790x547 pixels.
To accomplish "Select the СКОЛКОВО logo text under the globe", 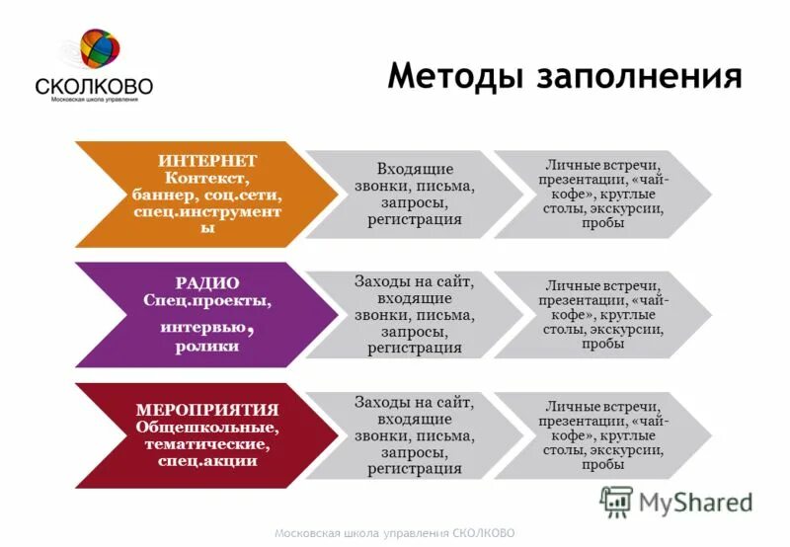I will [x=94, y=86].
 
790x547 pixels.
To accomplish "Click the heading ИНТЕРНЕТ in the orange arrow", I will [x=207, y=161].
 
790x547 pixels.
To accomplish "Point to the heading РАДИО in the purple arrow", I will [x=207, y=282].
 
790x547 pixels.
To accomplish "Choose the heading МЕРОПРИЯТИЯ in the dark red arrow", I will [x=207, y=410].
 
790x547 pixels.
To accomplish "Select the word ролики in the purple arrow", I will [x=207, y=347].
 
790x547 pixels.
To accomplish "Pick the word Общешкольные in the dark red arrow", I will [x=207, y=427].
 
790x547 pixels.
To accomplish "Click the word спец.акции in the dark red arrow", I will [x=207, y=460].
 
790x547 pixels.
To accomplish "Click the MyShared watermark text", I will [x=695, y=503].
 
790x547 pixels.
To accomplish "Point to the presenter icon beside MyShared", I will [x=616, y=502].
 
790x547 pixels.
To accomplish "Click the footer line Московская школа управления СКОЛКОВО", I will [x=395, y=533].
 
